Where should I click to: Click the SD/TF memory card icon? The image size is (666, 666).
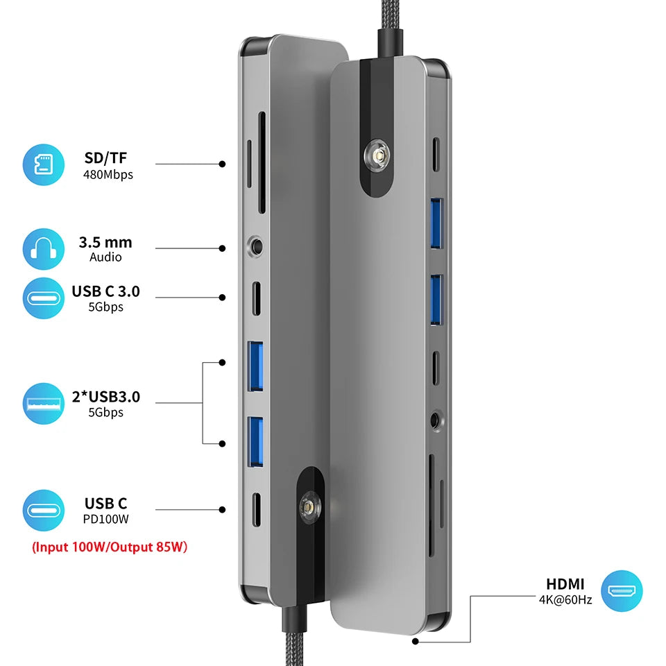[x=43, y=165]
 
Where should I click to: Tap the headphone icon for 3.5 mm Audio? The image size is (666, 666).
[x=43, y=249]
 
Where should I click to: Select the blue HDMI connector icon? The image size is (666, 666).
[x=622, y=591]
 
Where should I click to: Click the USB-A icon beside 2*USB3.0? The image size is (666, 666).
[x=43, y=404]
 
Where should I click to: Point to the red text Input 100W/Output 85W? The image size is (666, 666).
[x=110, y=547]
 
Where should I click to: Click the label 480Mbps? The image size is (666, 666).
[x=108, y=175]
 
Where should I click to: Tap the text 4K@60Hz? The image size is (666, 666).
[x=565, y=599]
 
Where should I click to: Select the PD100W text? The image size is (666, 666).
[x=105, y=519]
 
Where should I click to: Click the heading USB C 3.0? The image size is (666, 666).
[x=105, y=291]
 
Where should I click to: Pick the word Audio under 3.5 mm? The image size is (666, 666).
[x=105, y=257]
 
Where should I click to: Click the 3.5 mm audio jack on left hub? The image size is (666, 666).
[x=255, y=246]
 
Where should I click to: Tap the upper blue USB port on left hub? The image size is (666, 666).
[x=255, y=366]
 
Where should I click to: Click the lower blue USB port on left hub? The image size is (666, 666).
[x=255, y=442]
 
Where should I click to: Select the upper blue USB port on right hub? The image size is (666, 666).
[x=436, y=223]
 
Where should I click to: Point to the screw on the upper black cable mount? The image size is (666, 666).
[x=377, y=157]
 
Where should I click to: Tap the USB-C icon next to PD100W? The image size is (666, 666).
[x=43, y=511]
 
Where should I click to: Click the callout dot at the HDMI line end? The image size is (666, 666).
[x=416, y=641]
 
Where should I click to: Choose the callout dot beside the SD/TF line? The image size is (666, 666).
[x=222, y=164]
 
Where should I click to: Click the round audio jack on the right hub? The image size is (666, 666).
[x=436, y=421]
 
